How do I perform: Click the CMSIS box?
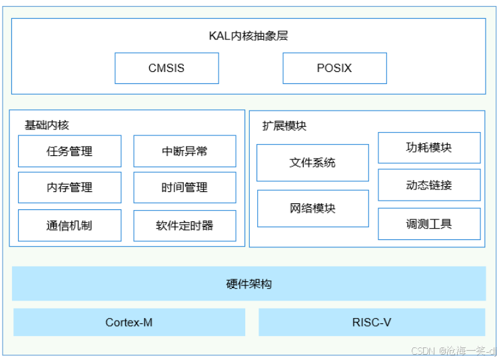(x=167, y=68)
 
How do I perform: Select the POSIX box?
(x=335, y=68)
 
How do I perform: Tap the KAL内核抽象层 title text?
(x=249, y=36)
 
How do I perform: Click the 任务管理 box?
(x=70, y=151)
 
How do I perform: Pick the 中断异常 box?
(x=185, y=151)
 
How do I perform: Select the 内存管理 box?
(x=70, y=187)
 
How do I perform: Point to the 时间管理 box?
(x=185, y=187)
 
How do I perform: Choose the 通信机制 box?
(x=70, y=225)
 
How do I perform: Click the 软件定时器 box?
(x=185, y=226)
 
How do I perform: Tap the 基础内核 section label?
(x=47, y=125)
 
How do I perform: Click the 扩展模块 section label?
(x=284, y=126)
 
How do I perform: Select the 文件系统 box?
(x=313, y=163)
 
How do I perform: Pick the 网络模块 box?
(x=313, y=209)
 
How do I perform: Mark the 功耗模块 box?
(x=429, y=148)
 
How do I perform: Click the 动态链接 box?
(x=429, y=185)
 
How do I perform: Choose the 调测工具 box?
(x=429, y=224)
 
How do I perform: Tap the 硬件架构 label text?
(x=249, y=284)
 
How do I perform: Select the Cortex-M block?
(x=129, y=322)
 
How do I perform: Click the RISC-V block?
(x=372, y=322)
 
